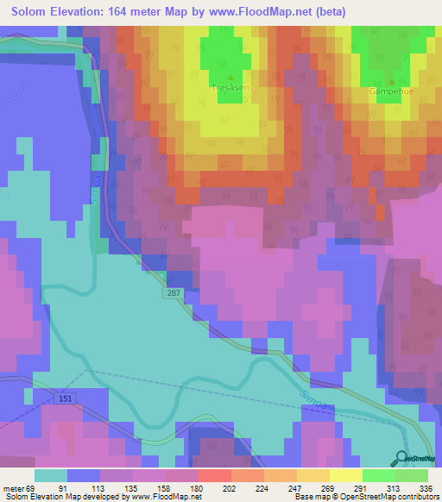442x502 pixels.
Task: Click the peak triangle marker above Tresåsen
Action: coord(230,76)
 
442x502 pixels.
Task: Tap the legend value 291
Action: coord(362,487)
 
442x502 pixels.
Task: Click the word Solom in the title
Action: coord(33,12)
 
